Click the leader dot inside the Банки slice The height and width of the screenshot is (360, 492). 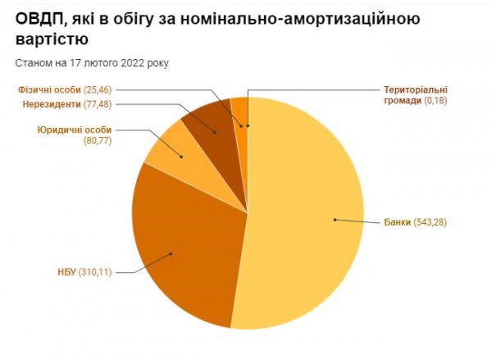pyautogui.click(x=335, y=219)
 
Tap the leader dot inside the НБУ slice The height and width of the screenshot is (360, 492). pyautogui.click(x=171, y=253)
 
